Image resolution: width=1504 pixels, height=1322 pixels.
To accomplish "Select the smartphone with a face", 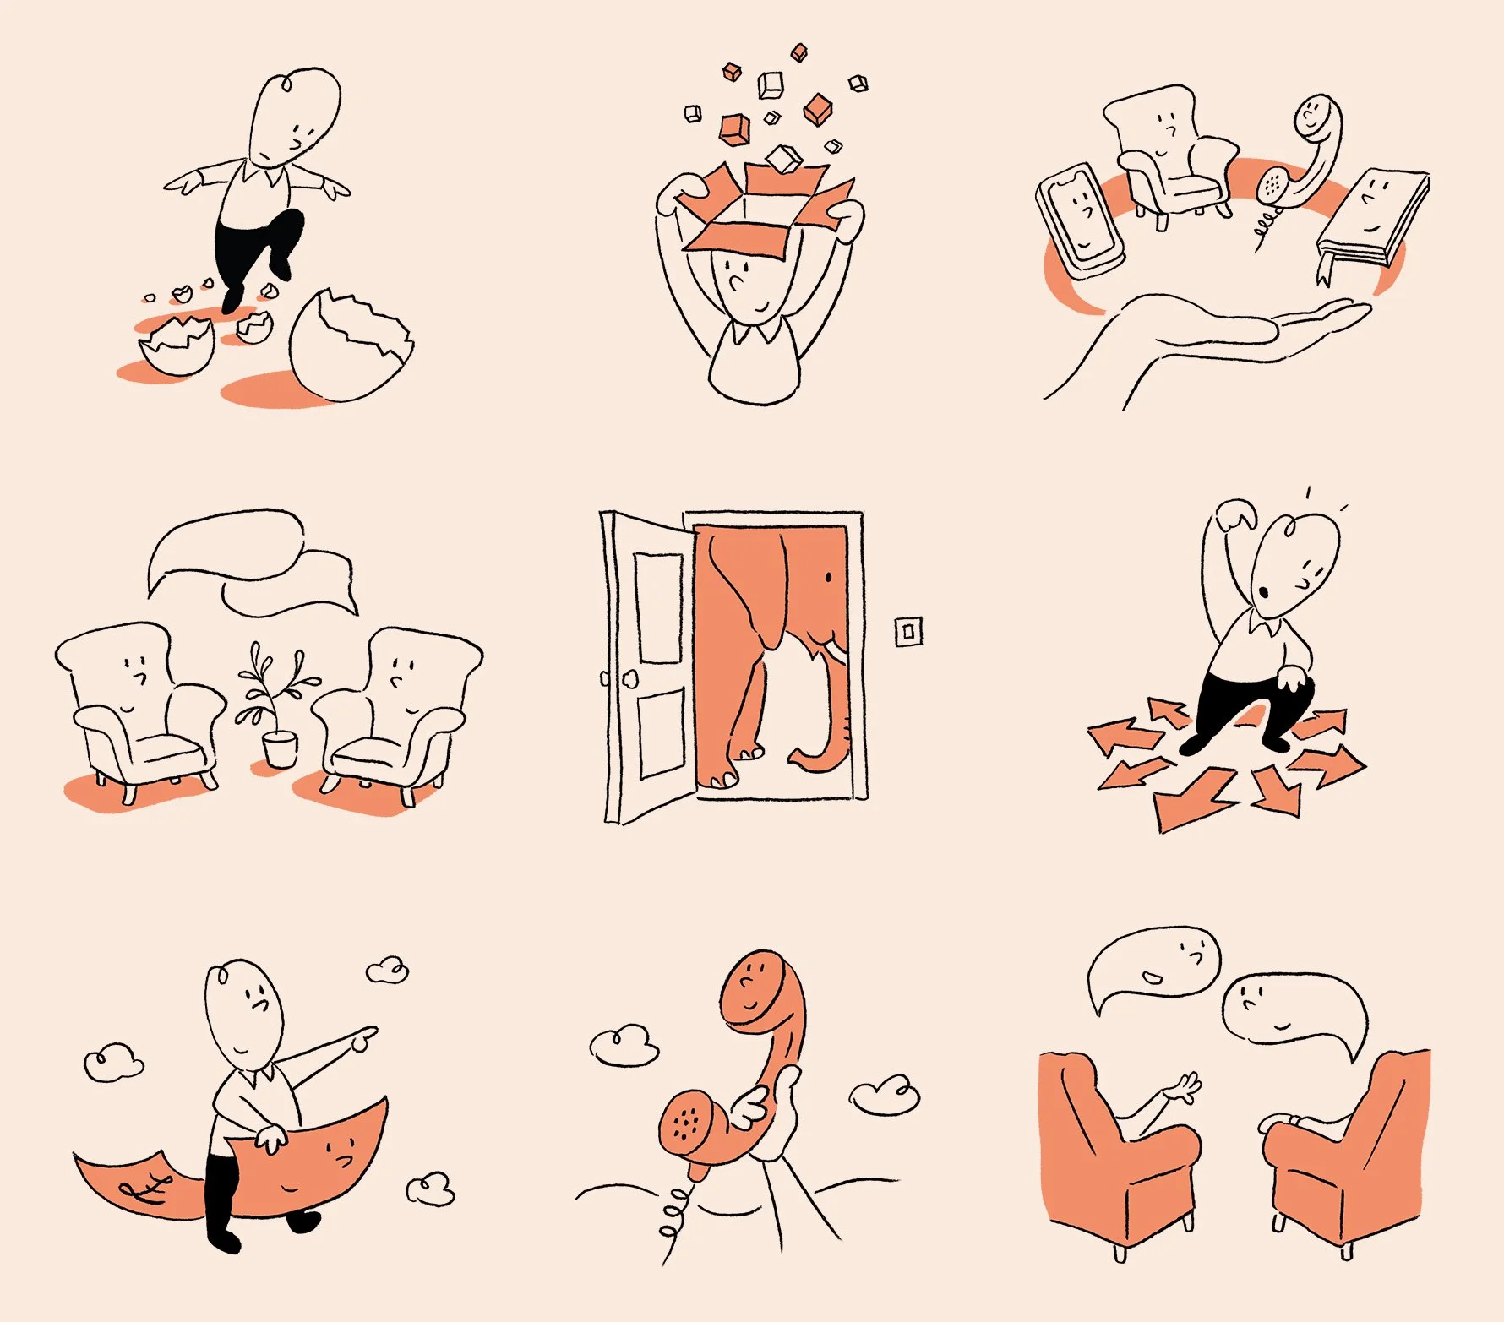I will coord(1080,220).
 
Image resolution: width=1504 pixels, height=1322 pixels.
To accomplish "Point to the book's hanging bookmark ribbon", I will coord(1324,269).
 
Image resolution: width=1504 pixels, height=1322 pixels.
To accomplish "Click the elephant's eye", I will coord(828,578).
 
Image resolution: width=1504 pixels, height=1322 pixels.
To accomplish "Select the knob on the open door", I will coord(629,678).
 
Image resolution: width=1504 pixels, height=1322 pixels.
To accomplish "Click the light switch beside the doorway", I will coord(908,631).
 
